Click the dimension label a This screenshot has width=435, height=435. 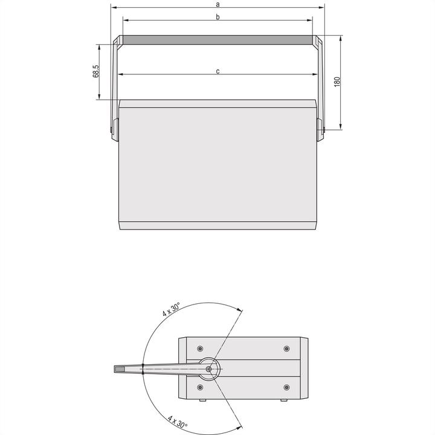[x=217, y=4]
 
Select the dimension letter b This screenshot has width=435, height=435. [x=217, y=17]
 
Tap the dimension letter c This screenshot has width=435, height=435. [x=217, y=71]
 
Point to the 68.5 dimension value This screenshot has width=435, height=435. [x=95, y=71]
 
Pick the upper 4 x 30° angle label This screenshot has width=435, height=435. [x=171, y=311]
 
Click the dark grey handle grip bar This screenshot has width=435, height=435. [x=217, y=40]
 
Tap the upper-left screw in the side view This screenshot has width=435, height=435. [x=200, y=349]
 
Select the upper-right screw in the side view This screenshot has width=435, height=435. [x=286, y=349]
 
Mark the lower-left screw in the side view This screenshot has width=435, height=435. [x=200, y=387]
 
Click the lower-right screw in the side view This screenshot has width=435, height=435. [x=286, y=387]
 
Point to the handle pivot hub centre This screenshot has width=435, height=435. [x=210, y=368]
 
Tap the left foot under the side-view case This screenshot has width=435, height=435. [x=201, y=401]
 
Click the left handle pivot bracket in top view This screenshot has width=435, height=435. [x=114, y=128]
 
